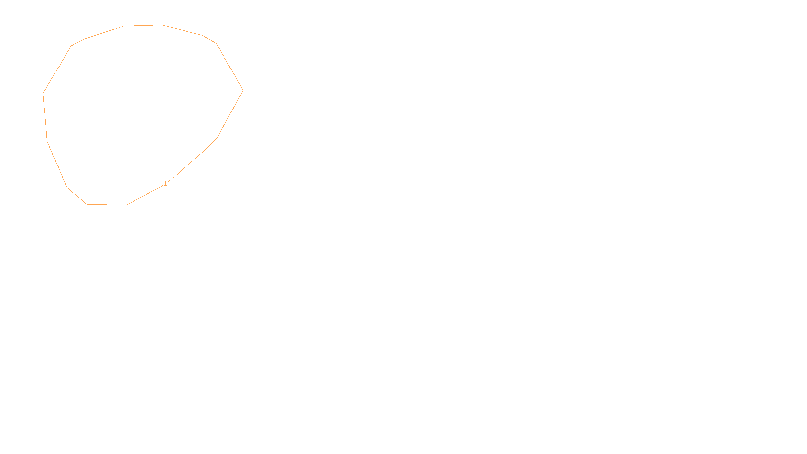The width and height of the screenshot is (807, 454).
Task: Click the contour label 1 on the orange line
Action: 165,184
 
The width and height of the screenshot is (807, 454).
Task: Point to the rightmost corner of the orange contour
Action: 243,91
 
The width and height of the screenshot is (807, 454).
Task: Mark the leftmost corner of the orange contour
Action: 43,94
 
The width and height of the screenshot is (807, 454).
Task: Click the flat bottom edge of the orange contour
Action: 106,205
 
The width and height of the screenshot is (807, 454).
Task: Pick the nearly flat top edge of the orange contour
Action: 143,25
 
